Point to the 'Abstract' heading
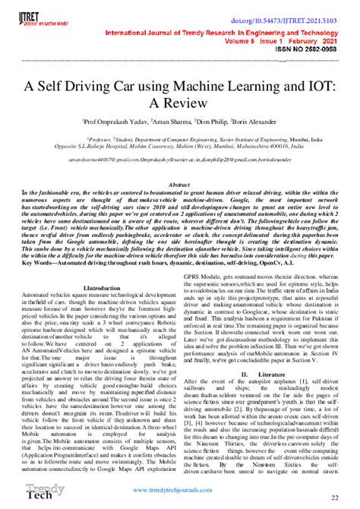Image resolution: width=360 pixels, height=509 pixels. point(179,185)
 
